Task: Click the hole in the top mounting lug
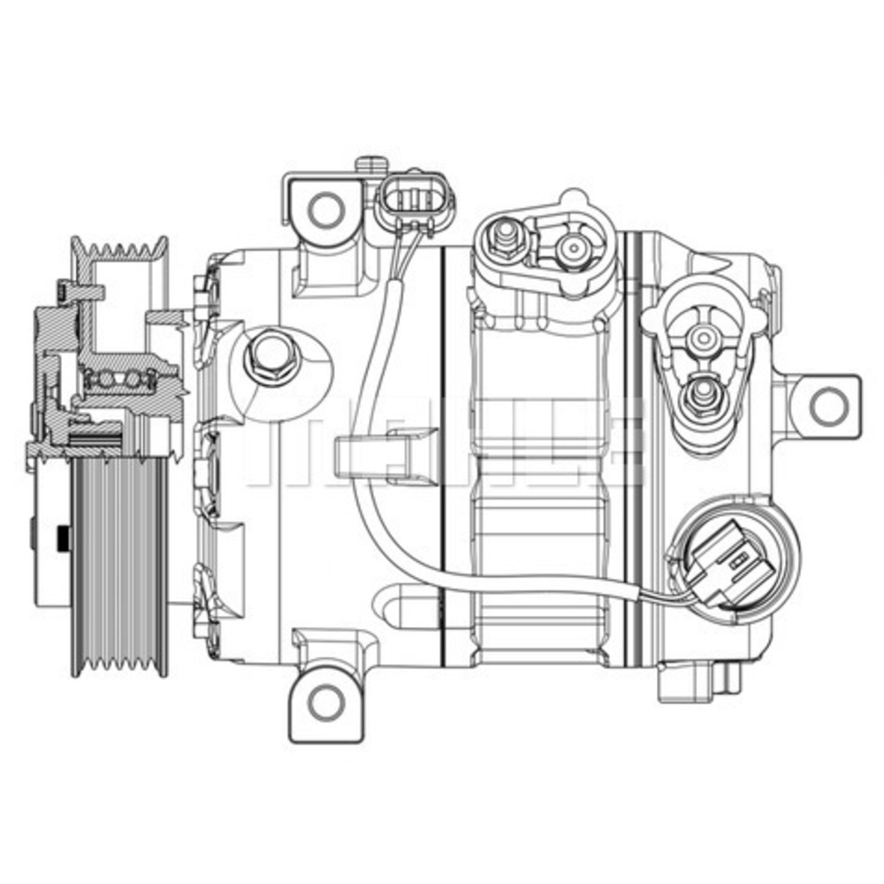point(326,209)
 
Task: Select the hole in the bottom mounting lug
point(326,703)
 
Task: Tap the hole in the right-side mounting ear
point(827,406)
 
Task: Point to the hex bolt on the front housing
point(271,356)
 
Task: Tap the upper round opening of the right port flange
point(705,337)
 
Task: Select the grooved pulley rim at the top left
point(120,252)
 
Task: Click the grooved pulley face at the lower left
point(120,566)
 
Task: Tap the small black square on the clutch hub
point(64,537)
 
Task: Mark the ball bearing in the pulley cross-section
point(119,379)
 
